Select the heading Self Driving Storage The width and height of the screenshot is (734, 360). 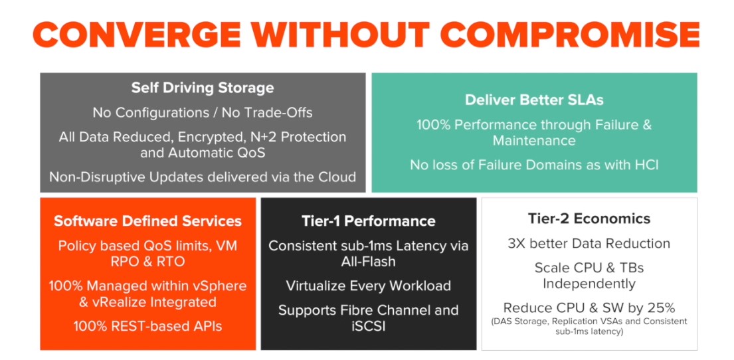click(202, 88)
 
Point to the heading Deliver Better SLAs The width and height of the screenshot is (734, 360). click(534, 100)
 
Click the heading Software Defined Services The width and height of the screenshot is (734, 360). click(148, 221)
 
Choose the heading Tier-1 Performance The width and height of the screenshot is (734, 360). click(369, 221)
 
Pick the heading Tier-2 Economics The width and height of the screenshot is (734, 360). click(589, 219)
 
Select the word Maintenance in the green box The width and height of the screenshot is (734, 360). click(534, 140)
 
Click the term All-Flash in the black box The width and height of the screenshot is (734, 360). click(369, 261)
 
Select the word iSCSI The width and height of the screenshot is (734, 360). click(369, 326)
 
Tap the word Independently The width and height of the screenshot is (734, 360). click(589, 284)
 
